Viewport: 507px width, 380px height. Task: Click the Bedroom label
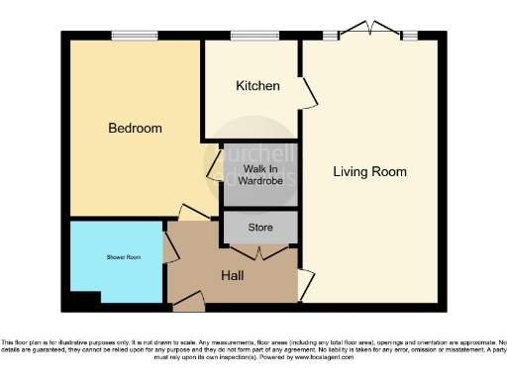135,129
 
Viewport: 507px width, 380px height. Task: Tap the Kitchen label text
257,86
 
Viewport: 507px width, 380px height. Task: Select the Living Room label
369,171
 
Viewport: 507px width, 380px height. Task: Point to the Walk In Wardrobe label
261,175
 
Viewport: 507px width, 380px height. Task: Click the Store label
260,228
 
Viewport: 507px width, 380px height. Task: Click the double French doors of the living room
366,30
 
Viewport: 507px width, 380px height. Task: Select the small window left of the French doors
329,36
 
